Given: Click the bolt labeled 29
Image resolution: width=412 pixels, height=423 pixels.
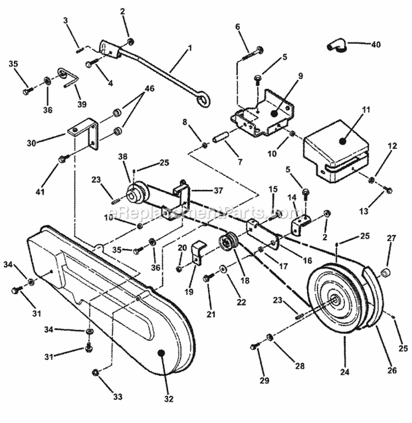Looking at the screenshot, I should pos(255,346).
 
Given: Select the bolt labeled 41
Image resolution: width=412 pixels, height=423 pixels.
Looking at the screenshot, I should pos(62,159).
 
